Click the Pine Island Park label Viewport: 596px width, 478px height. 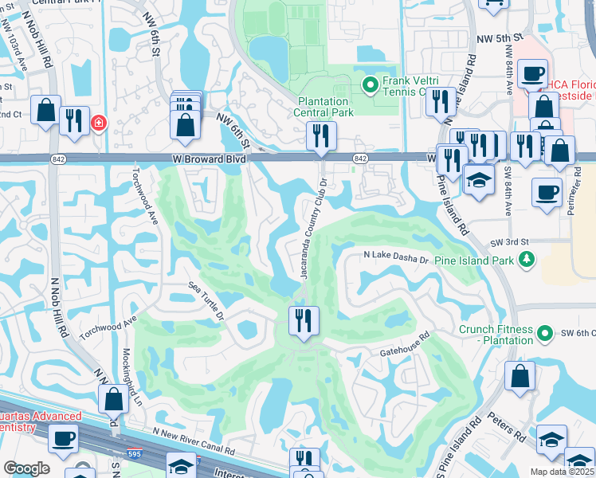[476, 261]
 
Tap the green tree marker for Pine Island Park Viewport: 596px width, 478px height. [526, 260]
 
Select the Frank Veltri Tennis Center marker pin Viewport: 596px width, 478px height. [370, 84]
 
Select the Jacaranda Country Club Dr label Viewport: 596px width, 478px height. [314, 228]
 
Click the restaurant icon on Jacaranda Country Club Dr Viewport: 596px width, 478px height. [303, 321]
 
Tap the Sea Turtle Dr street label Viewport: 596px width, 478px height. [206, 300]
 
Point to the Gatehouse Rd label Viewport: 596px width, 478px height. [405, 343]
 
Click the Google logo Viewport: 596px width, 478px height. [26, 468]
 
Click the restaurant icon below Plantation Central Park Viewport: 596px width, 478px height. [321, 135]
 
